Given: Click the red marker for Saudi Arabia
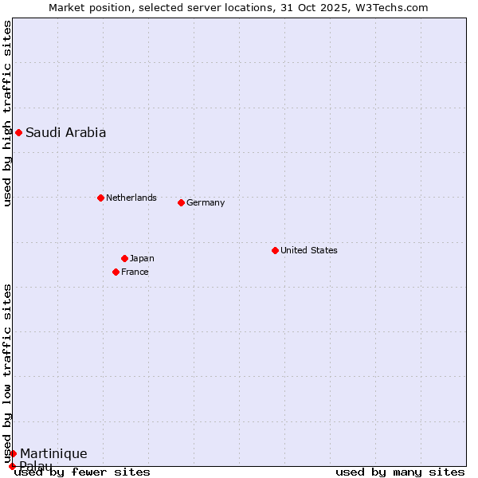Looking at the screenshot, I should coord(18,132).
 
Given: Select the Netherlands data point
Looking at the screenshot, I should coord(100,198).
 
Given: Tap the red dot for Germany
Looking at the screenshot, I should coord(181,202).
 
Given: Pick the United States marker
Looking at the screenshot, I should coord(275,250).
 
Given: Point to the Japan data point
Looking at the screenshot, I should coord(124,258).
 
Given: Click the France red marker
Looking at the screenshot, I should coord(116,272).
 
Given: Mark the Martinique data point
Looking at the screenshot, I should coord(13,453).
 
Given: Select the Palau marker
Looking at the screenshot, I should coord(12,466).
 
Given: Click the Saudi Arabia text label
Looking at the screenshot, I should coord(65,133).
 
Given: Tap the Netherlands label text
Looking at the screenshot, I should coord(131,198).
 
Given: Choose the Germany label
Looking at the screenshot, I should coord(206,202).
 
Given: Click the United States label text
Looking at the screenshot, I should coord(308,250).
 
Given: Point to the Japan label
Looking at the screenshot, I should coord(142,258).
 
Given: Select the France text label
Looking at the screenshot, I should coord(135,272).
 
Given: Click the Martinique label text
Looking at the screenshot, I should coord(53,454).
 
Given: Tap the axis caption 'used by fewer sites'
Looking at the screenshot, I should coord(83,472).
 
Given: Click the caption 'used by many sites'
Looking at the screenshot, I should coord(400,472).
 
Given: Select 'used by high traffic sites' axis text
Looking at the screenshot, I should coord(7,113).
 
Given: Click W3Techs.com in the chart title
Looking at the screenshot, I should coord(395,7).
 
